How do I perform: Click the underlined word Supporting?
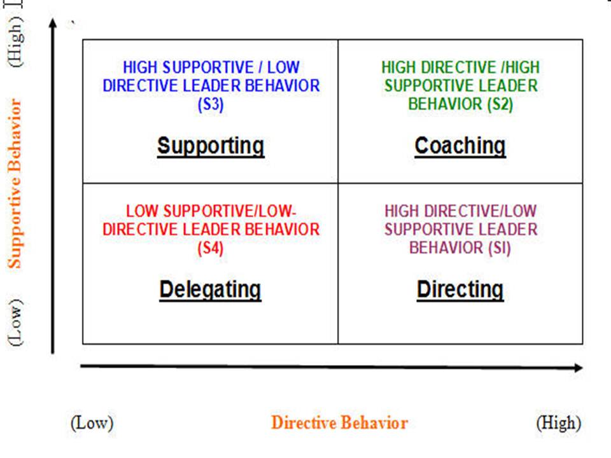pos(211,146)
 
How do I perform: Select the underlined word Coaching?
pos(460,146)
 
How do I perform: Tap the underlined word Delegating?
pos(210,289)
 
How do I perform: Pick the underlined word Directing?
pos(460,289)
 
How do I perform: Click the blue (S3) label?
pos(211,104)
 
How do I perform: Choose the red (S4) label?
pos(210,247)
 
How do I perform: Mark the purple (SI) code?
pos(495,247)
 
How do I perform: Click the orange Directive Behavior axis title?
pos(339,423)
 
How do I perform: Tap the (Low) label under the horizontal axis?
pos(92,423)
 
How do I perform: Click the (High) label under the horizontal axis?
pos(559,423)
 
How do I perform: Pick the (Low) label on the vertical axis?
pos(17,322)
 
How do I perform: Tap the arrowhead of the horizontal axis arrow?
pos(578,368)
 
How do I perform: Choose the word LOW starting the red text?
pos(141,211)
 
